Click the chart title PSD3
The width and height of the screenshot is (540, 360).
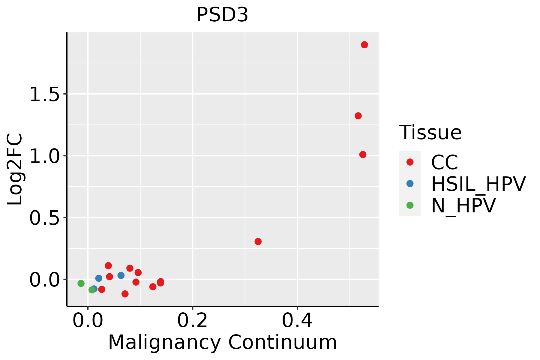222,15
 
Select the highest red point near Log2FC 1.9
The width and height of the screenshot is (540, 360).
364,45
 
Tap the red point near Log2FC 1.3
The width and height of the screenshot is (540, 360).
358,116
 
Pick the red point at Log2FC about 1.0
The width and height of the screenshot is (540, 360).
363,154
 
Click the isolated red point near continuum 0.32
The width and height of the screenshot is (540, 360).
258,241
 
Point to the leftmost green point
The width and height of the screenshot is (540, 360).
81,283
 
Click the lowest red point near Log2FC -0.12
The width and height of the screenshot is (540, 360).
125,294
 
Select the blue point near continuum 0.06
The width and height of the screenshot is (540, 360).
121,275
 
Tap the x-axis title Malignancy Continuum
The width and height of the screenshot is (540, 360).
222,343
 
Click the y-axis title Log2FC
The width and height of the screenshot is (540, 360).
15,169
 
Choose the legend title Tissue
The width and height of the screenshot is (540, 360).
430,132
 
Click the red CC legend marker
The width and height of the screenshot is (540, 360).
410,162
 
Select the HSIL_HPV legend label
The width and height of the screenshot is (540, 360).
478,184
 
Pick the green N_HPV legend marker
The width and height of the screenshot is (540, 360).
410,205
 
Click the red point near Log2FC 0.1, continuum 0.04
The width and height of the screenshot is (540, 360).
108,265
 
